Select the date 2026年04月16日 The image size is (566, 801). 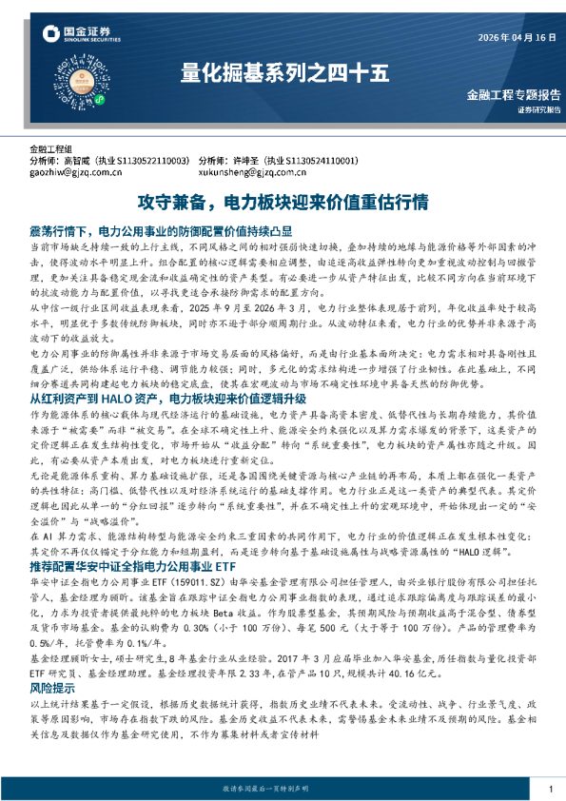coord(515,37)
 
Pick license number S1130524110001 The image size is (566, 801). coord(316,161)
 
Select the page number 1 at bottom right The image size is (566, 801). coord(551,789)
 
